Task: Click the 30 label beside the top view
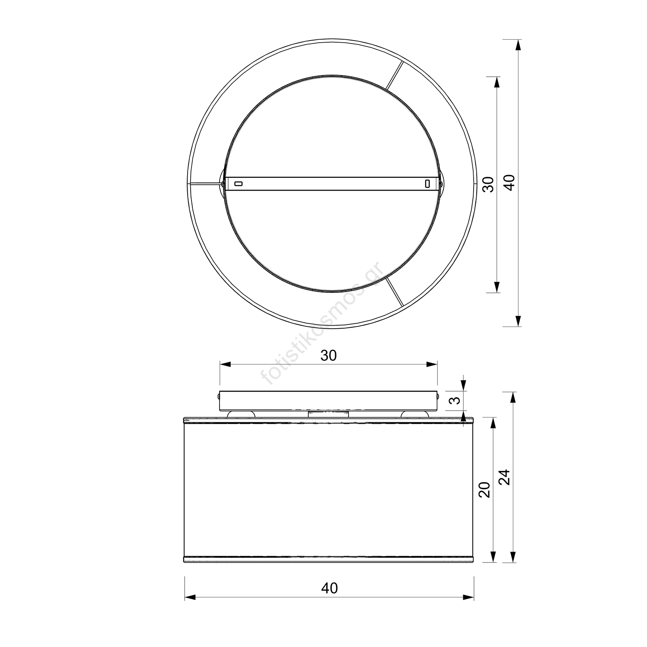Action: coord(488,185)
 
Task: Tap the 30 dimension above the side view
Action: coord(328,355)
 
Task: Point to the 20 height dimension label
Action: coord(485,490)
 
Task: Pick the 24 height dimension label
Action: coord(505,477)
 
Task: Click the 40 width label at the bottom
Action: coord(330,588)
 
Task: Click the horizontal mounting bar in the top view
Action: coord(333,184)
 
